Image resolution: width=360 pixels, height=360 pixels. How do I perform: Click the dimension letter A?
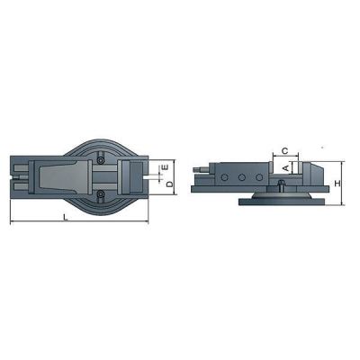click(x=285, y=166)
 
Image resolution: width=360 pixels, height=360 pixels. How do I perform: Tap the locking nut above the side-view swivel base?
click(x=283, y=185)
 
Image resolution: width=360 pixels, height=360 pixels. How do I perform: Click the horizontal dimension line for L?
click(x=81, y=223)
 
